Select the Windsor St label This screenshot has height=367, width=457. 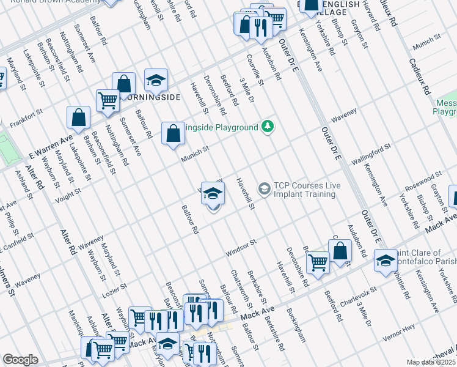240,246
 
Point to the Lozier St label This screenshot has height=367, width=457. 114,287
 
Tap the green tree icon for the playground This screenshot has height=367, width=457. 267,127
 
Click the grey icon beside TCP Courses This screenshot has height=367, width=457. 264,188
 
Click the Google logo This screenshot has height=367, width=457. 20,360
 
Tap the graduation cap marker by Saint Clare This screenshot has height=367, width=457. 385,260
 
